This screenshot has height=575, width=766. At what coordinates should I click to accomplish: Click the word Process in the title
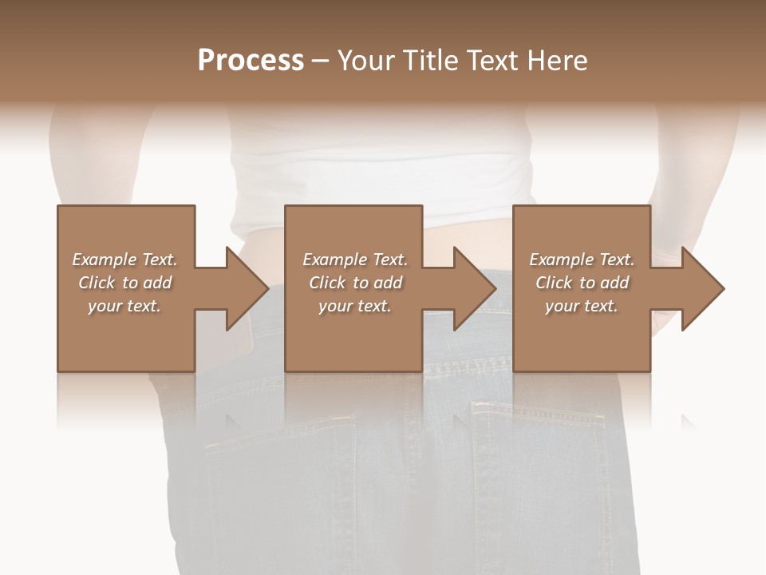point(251,61)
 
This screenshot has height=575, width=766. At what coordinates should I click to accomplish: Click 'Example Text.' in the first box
point(124,260)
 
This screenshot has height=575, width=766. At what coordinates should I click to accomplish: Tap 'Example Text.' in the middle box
point(354,260)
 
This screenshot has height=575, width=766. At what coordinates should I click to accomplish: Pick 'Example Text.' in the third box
point(582,260)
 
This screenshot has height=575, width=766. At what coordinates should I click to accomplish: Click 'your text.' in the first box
point(124,306)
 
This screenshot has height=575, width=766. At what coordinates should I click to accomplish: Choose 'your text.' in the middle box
point(354,306)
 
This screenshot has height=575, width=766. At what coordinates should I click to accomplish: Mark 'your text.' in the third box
point(582,306)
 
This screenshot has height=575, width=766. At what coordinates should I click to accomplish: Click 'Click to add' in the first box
point(124,283)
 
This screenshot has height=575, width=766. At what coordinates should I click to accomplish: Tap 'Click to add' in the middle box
point(354,283)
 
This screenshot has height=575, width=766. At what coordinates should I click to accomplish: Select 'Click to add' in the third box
point(582,283)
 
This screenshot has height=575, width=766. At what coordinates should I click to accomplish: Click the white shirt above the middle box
point(383,172)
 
